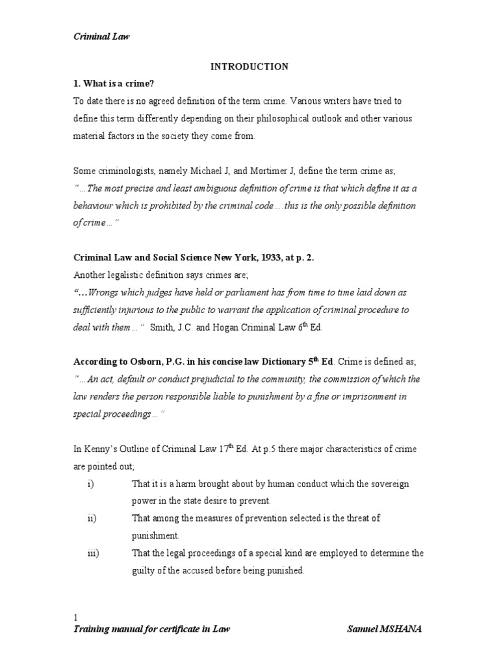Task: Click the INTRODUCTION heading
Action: point(249,66)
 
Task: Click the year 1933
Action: point(250,258)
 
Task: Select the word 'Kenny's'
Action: point(98,449)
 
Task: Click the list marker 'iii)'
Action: point(92,553)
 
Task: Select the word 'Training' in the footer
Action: point(92,629)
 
